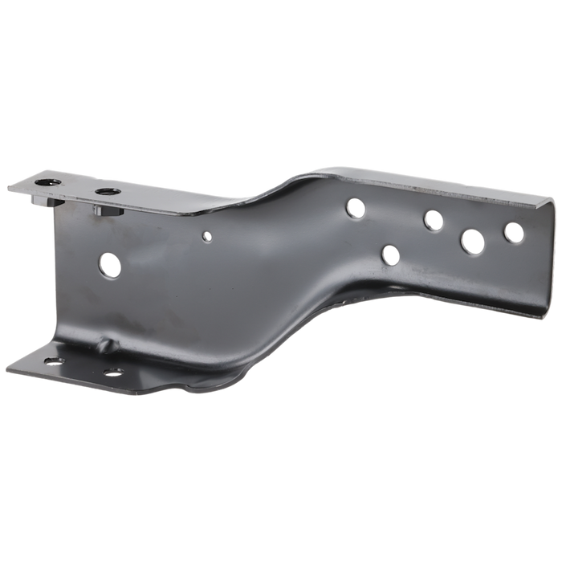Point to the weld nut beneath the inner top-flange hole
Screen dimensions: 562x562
pos(101,211)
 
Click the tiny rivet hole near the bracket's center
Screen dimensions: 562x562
pos(206,236)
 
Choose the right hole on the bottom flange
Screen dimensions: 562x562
pos(114,372)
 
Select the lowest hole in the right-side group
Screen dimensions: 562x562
pos(390,255)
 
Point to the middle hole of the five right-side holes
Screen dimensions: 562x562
pos(434,220)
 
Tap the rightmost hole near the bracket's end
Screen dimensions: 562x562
pos(512,233)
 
